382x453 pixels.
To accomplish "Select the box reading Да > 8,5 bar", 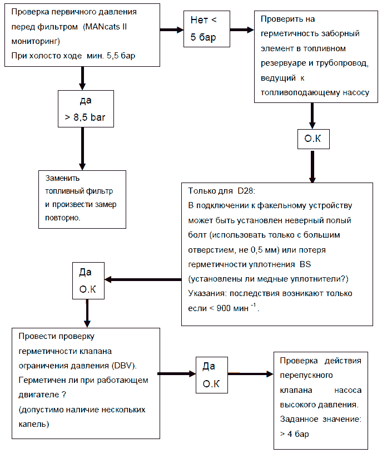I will point(86,110).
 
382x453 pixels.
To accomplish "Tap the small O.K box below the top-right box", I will point(313,139).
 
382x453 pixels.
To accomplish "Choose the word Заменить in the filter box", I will point(62,179).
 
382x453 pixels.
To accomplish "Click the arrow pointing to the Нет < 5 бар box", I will point(173,30).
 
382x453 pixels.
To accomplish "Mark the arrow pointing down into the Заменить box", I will point(82,150).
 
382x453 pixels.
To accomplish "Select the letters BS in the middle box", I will point(305,264).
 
